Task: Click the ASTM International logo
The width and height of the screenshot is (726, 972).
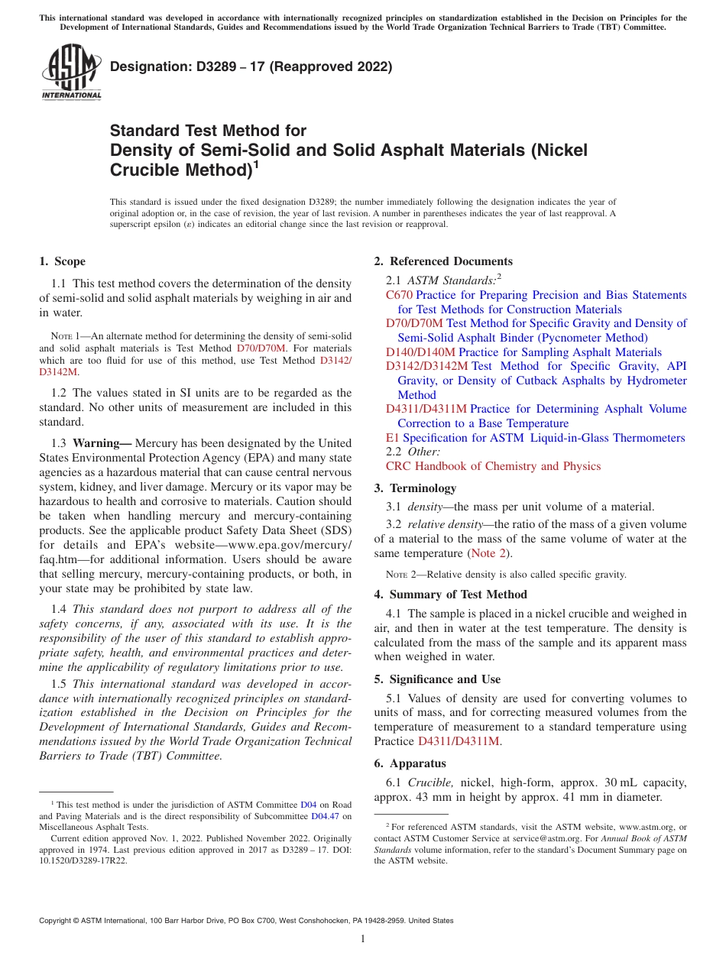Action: click(x=70, y=73)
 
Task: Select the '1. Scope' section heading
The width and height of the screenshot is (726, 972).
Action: click(x=62, y=261)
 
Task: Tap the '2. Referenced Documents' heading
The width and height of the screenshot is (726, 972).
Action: click(x=443, y=261)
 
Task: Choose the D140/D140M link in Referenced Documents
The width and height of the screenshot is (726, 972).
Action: click(x=420, y=352)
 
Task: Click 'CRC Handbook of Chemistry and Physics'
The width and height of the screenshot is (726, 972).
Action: click(x=493, y=466)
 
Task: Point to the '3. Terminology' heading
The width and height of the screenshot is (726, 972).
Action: click(x=423, y=488)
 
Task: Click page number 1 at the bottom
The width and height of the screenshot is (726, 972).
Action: click(x=363, y=939)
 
